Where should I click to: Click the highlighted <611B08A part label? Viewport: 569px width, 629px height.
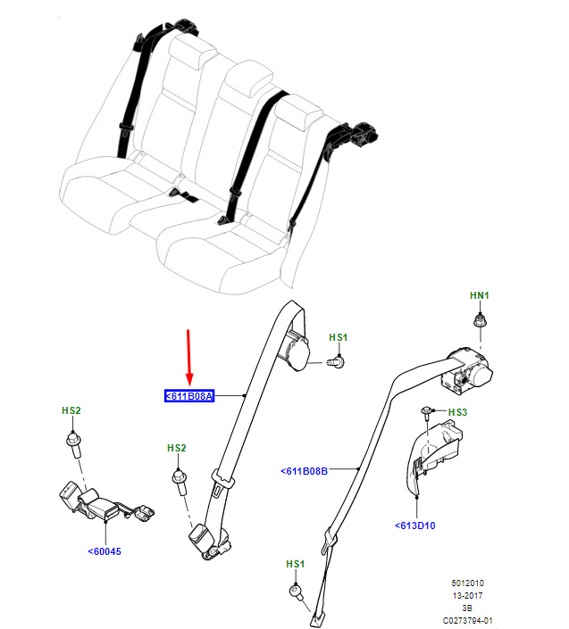click(x=189, y=396)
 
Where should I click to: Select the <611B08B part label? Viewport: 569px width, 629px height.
click(x=304, y=471)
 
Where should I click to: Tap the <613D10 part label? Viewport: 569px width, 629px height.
click(x=414, y=526)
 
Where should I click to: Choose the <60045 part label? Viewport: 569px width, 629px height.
click(x=105, y=551)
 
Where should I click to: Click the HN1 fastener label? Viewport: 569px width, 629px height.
click(x=480, y=295)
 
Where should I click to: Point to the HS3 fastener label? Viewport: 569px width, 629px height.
click(x=457, y=412)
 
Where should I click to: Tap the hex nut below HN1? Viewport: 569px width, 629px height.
click(x=479, y=321)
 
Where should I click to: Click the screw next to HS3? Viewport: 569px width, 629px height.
click(x=426, y=412)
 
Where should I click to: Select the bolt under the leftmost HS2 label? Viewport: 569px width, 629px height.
click(x=74, y=444)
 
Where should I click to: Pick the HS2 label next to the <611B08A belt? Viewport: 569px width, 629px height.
click(x=177, y=448)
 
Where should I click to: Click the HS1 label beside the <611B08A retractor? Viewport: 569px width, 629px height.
click(x=339, y=337)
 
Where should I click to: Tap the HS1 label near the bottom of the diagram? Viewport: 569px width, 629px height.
click(x=295, y=564)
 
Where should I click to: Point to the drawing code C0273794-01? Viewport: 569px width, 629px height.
click(x=467, y=621)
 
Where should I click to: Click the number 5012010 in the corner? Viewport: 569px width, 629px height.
click(x=467, y=583)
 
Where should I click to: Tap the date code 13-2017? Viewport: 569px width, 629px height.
click(x=467, y=595)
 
